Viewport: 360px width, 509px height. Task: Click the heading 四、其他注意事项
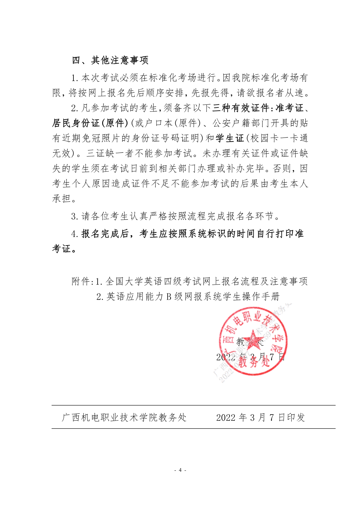pos(110,60)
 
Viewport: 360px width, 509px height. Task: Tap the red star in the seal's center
pos(253,340)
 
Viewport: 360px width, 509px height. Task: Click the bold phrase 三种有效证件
pos(241,108)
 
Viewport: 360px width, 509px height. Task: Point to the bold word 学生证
pos(230,138)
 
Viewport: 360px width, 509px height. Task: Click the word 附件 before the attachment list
pos(81,281)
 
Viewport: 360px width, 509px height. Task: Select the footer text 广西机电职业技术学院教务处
pos(124,418)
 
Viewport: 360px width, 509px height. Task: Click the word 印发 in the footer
pos(296,418)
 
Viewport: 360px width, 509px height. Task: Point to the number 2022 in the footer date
pos(226,418)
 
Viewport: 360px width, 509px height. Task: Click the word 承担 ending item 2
pos(62,199)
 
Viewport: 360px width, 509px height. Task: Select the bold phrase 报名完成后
pos(105,234)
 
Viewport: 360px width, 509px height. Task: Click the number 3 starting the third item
pos(74,216)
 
